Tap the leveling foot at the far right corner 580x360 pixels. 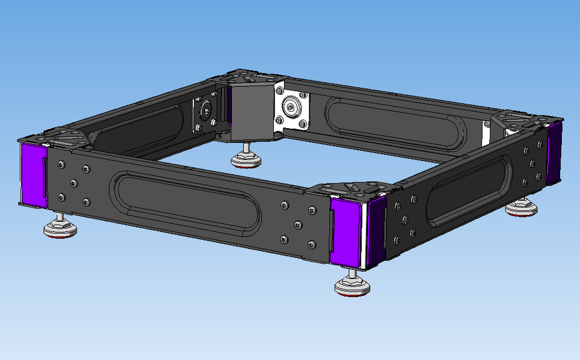521,208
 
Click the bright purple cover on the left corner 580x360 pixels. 33,174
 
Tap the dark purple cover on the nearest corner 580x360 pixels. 376,233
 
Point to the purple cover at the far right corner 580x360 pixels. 553,152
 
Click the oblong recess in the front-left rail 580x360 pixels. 185,206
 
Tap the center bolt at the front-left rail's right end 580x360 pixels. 297,225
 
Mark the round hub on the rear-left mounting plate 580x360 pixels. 206,112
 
